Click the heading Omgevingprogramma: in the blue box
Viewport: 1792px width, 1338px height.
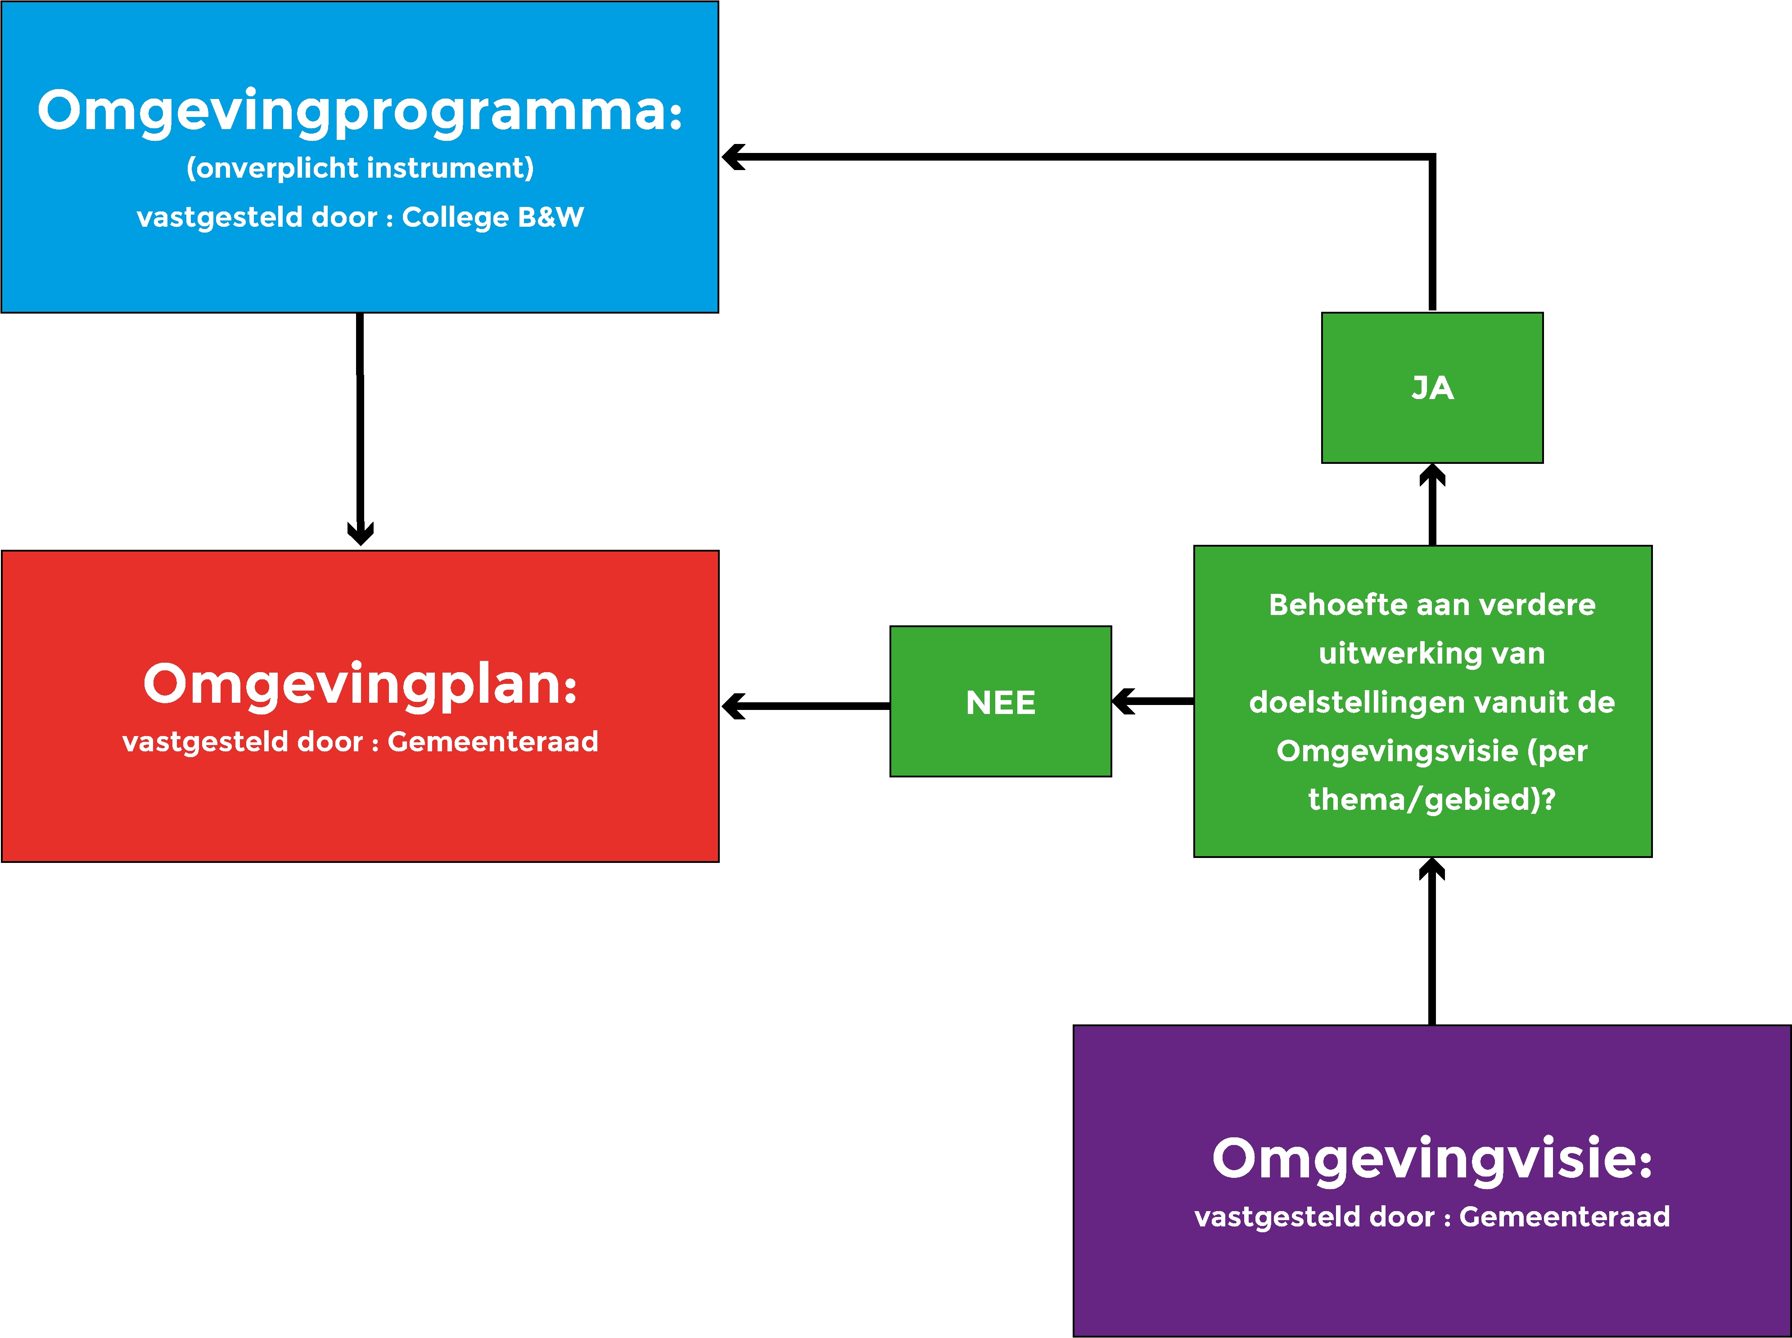point(360,112)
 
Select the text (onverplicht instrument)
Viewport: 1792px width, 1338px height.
point(360,168)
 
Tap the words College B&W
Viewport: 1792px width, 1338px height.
point(492,217)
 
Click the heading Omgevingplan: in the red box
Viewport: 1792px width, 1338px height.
point(360,684)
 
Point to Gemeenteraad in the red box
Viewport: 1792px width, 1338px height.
point(492,742)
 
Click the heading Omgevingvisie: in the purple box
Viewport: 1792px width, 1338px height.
point(1431,1159)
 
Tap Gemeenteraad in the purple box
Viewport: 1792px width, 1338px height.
point(1564,1217)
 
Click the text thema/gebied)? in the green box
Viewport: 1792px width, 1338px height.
point(1431,799)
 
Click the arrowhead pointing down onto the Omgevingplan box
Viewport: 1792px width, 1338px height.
point(361,533)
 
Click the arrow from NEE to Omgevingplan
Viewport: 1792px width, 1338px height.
point(810,706)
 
